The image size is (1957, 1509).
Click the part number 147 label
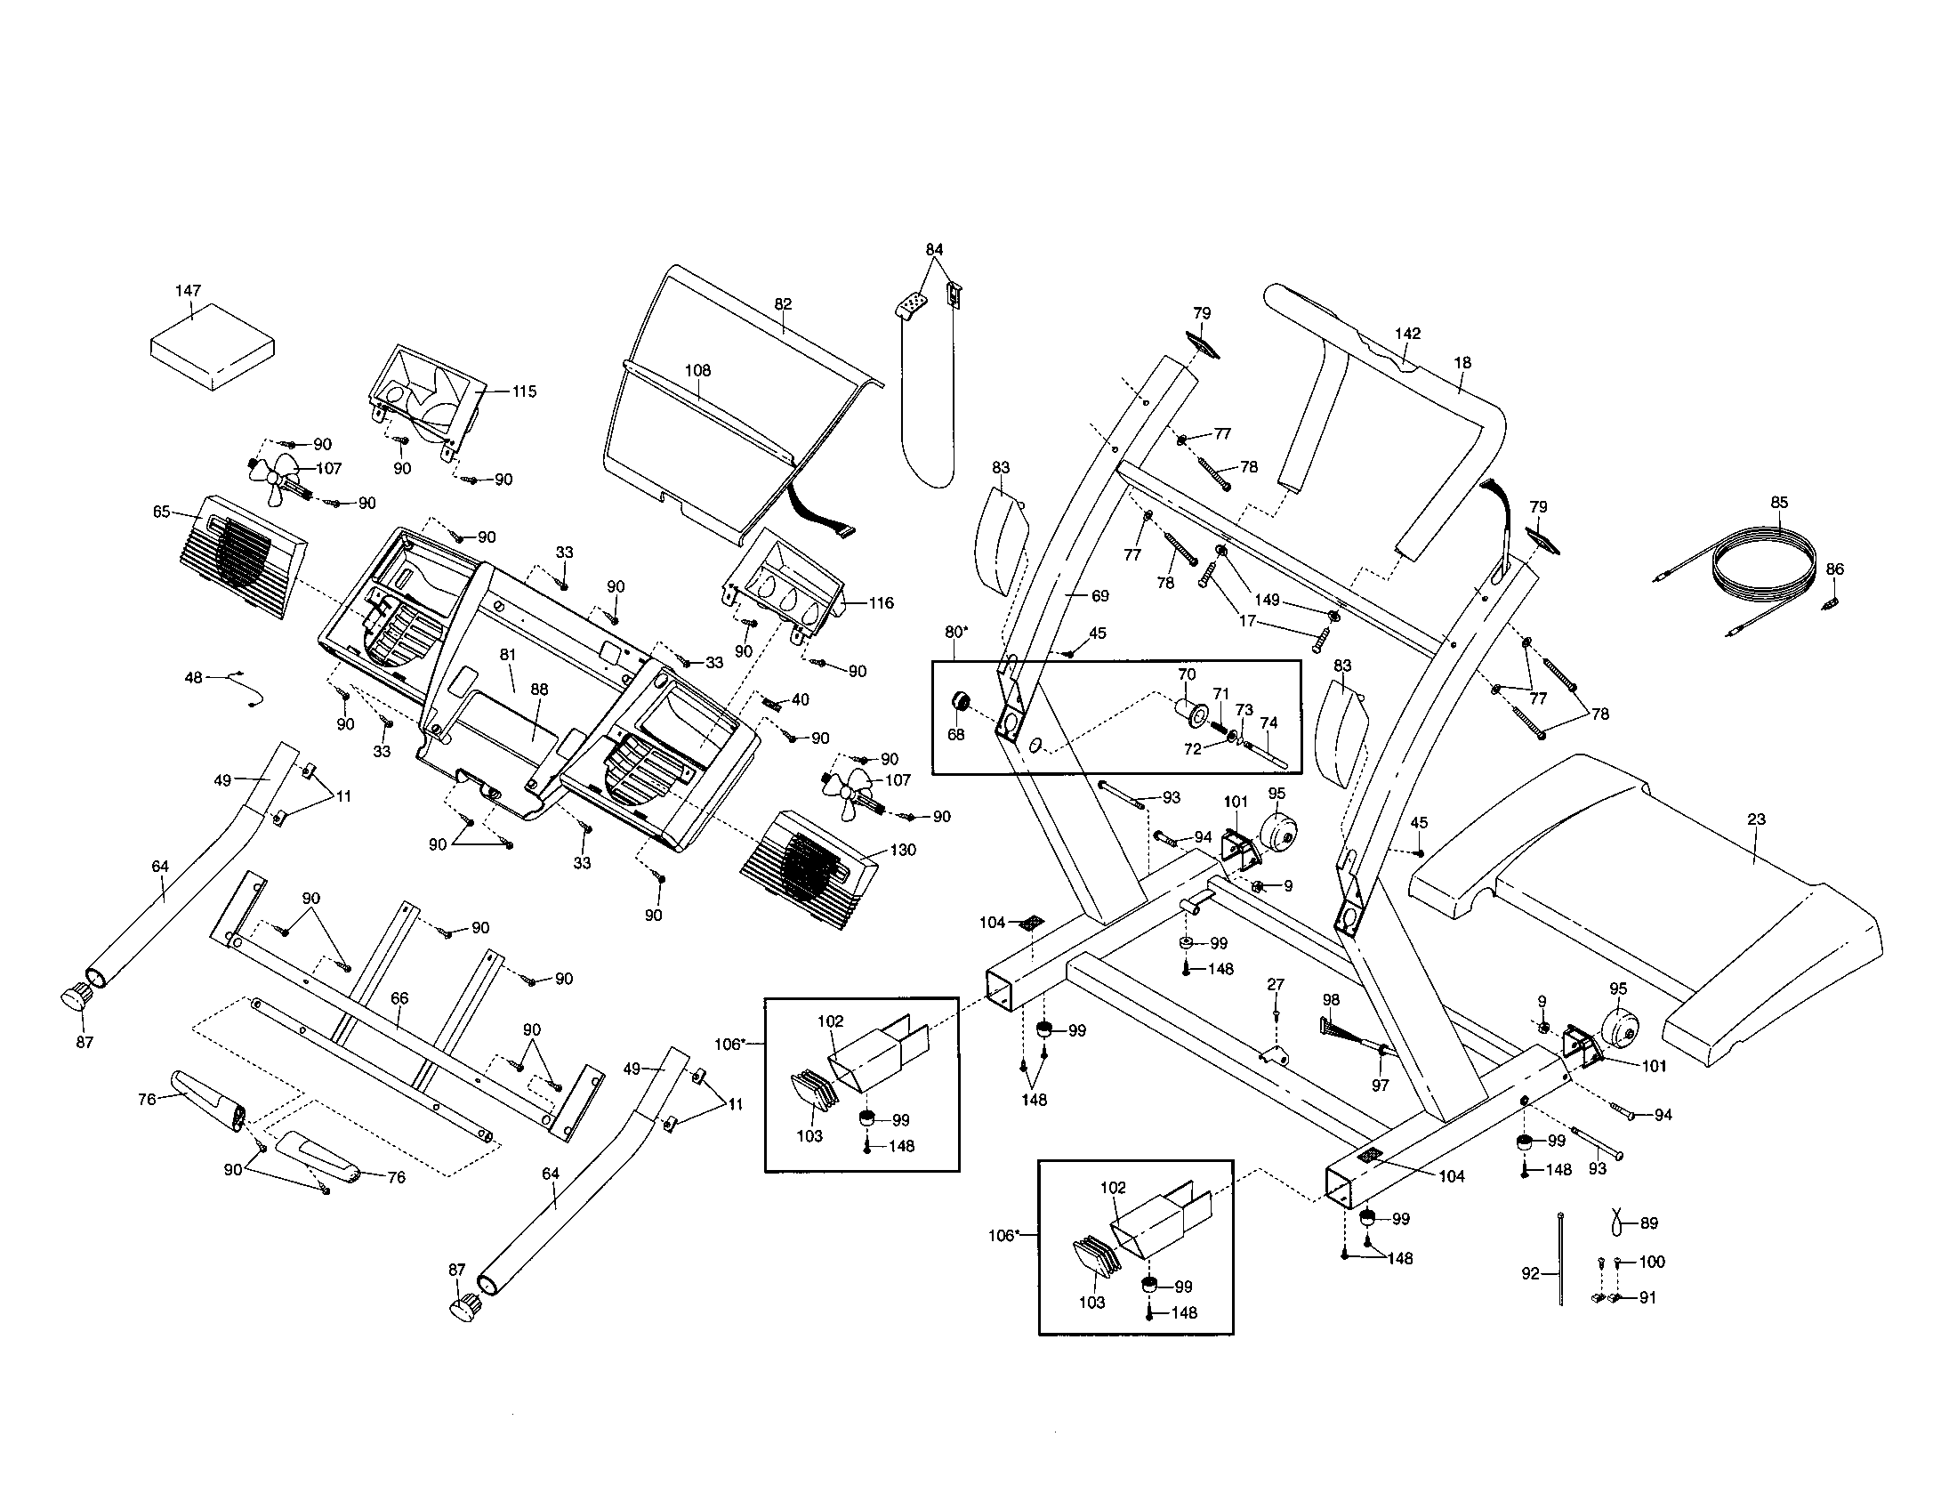pyautogui.click(x=189, y=290)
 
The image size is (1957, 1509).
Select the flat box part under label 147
pyautogui.click(x=213, y=347)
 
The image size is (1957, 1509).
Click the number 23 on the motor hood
pyautogui.click(x=1756, y=819)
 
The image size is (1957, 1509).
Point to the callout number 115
pyautogui.click(x=524, y=391)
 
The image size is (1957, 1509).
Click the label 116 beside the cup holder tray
pyautogui.click(x=881, y=602)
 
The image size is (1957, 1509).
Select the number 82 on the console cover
pyautogui.click(x=783, y=303)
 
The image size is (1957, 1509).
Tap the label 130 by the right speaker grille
pyautogui.click(x=903, y=849)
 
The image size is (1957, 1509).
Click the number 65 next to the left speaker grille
pyautogui.click(x=161, y=512)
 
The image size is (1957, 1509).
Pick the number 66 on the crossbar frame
pyautogui.click(x=399, y=997)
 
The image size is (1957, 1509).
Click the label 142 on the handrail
pyautogui.click(x=1408, y=333)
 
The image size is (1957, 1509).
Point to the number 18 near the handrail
pyautogui.click(x=1462, y=362)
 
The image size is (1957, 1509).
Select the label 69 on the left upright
pyautogui.click(x=1100, y=595)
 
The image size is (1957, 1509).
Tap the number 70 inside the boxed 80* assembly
pyautogui.click(x=1187, y=674)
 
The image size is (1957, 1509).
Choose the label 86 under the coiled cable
pyautogui.click(x=1835, y=569)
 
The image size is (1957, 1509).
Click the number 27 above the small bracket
pyautogui.click(x=1275, y=984)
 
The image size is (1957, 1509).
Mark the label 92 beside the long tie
pyautogui.click(x=1531, y=1272)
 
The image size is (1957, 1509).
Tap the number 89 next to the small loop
pyautogui.click(x=1647, y=1223)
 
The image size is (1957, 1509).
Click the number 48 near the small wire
pyautogui.click(x=194, y=677)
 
